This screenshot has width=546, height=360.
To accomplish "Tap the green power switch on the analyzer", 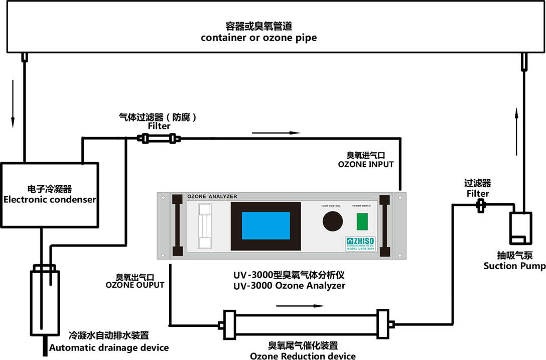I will tap(362, 221).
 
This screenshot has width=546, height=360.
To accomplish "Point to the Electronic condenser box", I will tap(50, 193).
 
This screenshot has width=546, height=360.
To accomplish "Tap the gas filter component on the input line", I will tap(158, 139).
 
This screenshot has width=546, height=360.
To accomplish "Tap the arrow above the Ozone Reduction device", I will tap(297, 305).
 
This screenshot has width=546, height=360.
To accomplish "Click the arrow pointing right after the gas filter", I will tap(276, 133).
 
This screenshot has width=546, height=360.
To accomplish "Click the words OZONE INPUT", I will tap(366, 164).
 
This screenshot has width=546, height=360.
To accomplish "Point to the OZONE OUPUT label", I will tap(134, 285).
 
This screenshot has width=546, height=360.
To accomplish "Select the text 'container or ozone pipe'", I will tap(258, 38).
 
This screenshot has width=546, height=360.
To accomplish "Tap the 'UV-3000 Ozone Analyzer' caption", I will tap(289, 285).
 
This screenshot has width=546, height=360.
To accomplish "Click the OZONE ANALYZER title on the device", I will tap(212, 196).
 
